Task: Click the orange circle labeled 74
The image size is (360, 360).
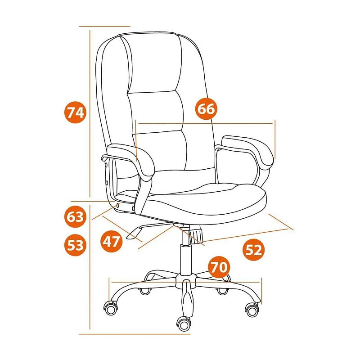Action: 75,112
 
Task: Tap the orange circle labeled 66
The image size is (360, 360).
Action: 206,108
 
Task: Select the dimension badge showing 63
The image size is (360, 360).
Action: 75,216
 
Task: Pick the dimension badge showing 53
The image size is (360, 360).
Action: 75,245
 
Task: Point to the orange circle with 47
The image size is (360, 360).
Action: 111,241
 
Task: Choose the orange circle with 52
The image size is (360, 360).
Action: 253,250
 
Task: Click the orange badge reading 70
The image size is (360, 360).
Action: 219,267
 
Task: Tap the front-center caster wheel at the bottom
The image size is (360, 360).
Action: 184,324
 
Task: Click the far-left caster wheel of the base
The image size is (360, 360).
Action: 111,308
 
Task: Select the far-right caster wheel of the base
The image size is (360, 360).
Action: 252,310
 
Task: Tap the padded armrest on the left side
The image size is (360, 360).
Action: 131,161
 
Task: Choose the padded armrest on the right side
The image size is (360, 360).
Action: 248,149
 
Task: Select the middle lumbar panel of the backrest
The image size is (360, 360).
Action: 156,112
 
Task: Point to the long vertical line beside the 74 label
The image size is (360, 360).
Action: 90,113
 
